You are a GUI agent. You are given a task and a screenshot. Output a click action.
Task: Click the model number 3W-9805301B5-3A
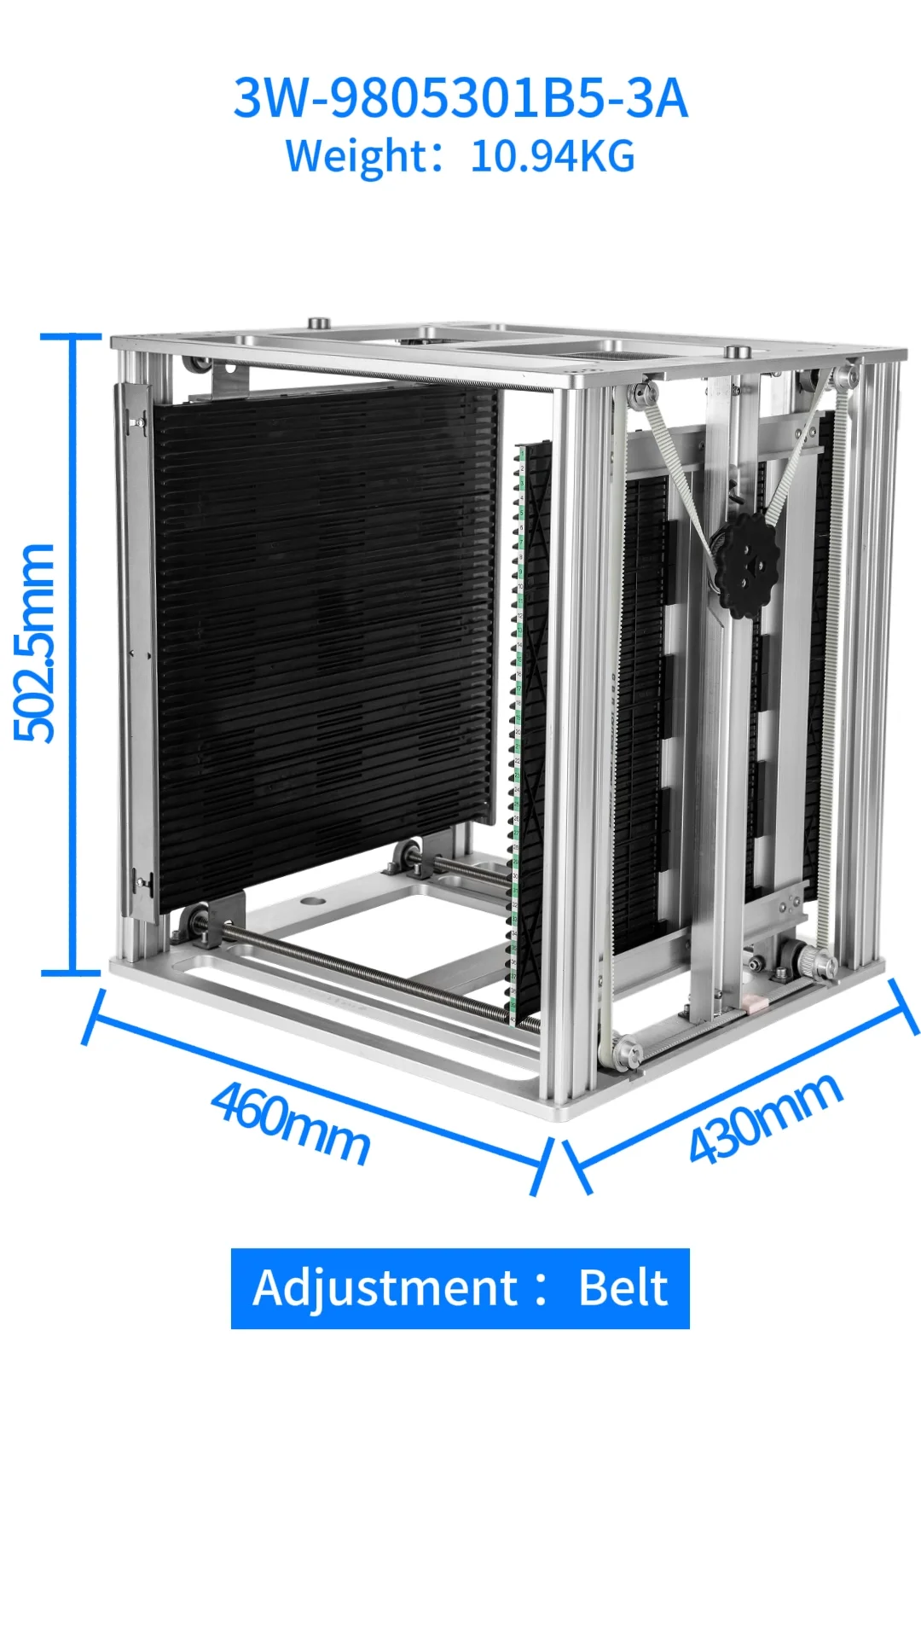[x=460, y=98]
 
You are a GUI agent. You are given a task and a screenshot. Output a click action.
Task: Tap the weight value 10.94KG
[x=553, y=157]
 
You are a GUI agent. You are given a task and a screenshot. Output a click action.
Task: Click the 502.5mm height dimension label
[x=36, y=644]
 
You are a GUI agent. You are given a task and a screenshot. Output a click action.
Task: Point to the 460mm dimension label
[x=291, y=1123]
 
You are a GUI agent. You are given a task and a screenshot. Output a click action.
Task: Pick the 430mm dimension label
[x=765, y=1118]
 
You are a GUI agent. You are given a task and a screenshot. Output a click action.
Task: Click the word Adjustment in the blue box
[x=385, y=1287]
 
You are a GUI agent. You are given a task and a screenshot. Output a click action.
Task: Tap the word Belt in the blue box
[x=623, y=1287]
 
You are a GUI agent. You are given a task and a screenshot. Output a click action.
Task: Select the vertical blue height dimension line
[x=72, y=653]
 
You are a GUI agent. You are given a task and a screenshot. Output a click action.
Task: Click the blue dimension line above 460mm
[x=316, y=1093]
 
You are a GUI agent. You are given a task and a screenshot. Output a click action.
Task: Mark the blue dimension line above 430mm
[x=742, y=1083]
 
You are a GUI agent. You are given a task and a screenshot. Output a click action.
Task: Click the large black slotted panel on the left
[x=324, y=640]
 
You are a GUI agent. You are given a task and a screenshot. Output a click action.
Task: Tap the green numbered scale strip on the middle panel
[x=517, y=725]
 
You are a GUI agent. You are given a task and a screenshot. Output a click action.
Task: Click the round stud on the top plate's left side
[x=318, y=323]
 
